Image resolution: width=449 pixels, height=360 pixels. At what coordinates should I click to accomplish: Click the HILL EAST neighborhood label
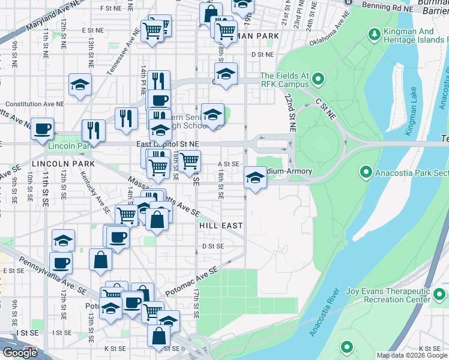pyautogui.click(x=221, y=226)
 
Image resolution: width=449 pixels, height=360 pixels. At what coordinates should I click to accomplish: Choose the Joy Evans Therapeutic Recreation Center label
pyautogui.click(x=388, y=296)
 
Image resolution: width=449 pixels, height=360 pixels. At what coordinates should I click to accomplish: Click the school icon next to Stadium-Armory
pyautogui.click(x=255, y=178)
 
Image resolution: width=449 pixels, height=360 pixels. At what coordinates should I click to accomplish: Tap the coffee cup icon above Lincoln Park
pyautogui.click(x=43, y=128)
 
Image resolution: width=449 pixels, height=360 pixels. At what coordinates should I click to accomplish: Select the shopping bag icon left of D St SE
pyautogui.click(x=100, y=259)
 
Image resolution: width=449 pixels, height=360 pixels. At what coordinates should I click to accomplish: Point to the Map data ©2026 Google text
pyautogui.click(x=412, y=355)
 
